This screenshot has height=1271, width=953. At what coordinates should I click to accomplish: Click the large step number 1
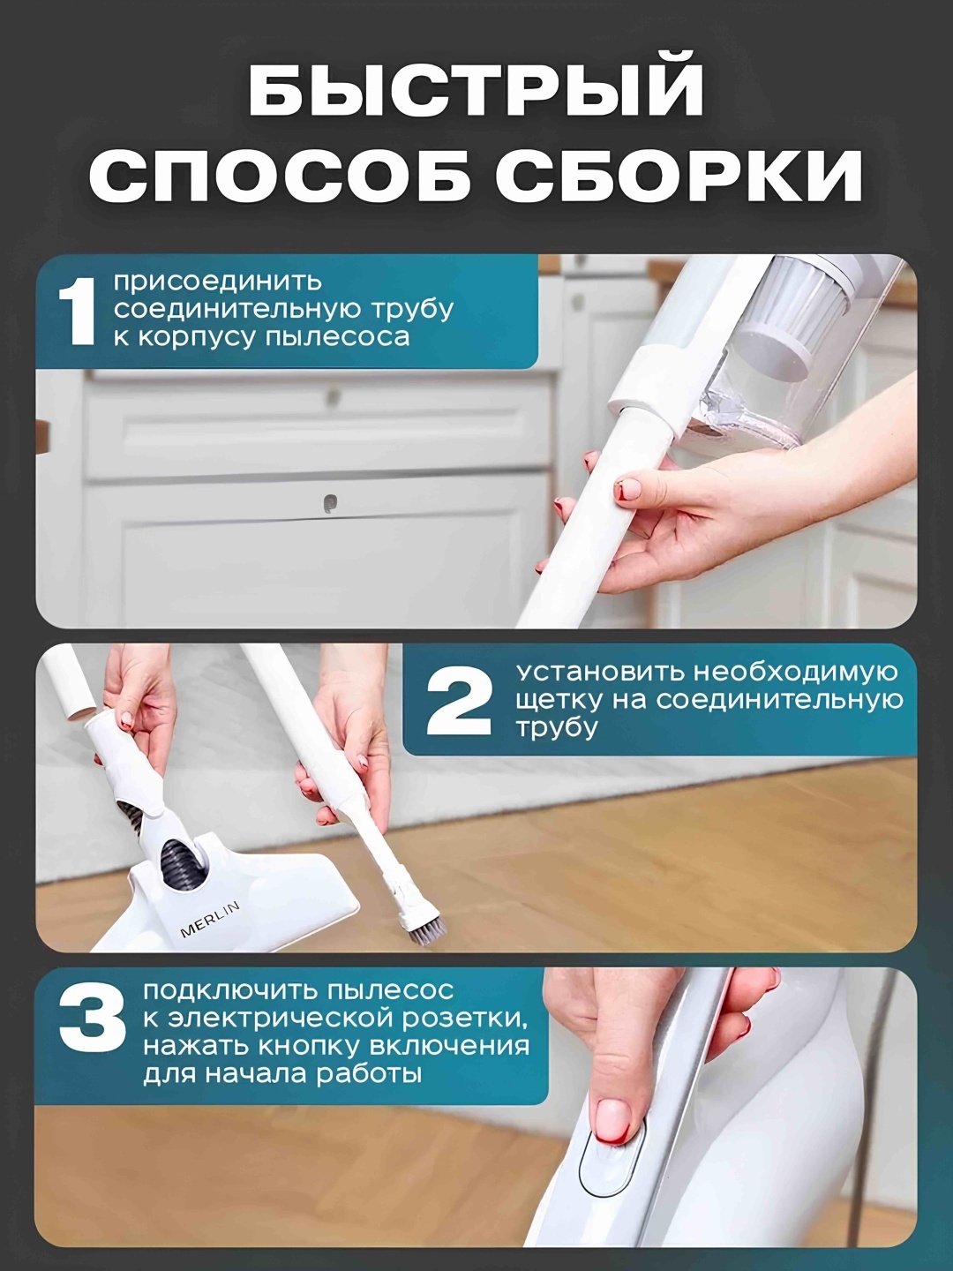click(x=77, y=312)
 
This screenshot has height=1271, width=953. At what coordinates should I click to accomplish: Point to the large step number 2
click(x=459, y=700)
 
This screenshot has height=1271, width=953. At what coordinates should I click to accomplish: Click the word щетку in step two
click(x=559, y=701)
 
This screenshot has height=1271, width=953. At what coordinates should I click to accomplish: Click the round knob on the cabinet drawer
click(x=330, y=504)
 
